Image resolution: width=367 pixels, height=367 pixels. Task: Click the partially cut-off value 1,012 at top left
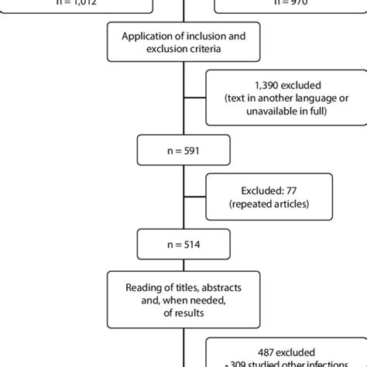click(66, 3)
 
